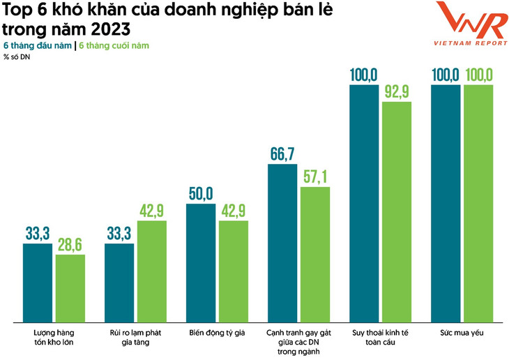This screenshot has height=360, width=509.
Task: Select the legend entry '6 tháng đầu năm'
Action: pyautogui.click(x=38, y=46)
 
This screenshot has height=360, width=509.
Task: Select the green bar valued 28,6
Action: pyautogui.click(x=70, y=287)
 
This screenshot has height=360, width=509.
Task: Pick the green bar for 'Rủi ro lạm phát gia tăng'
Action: pyautogui.click(x=152, y=271)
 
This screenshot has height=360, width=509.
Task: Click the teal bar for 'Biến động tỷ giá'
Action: pyautogui.click(x=201, y=262)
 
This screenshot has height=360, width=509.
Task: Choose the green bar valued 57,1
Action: pyautogui.click(x=315, y=254)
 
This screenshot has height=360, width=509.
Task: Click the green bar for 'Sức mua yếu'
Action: pyautogui.click(x=478, y=203)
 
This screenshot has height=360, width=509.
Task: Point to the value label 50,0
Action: pyautogui.click(x=201, y=193)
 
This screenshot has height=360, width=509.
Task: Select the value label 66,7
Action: pyautogui.click(x=282, y=153)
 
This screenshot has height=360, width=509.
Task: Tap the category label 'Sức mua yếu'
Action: pyautogui.click(x=462, y=333)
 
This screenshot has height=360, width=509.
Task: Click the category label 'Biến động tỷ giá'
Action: pyautogui.click(x=217, y=333)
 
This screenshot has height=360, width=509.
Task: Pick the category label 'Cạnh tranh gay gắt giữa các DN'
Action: pyautogui.click(x=298, y=338)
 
